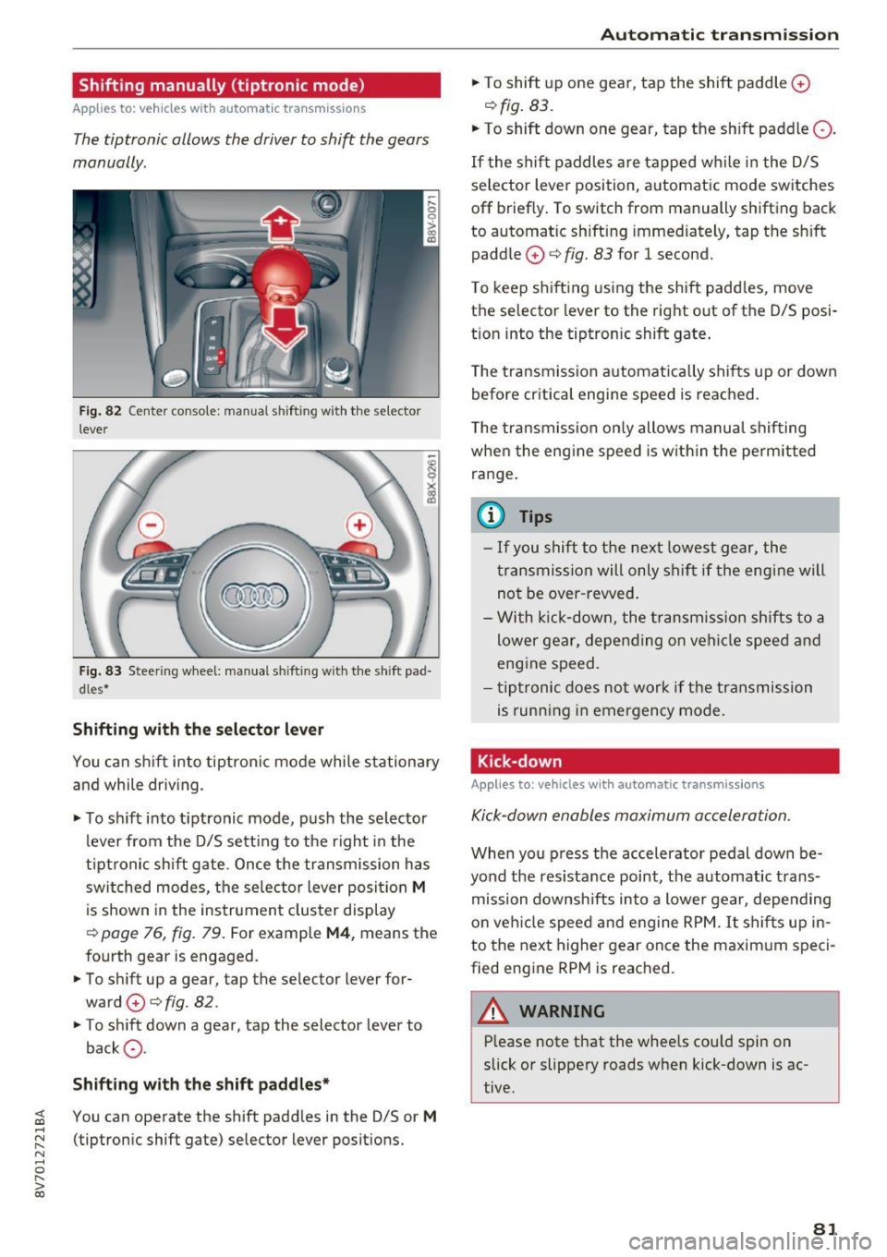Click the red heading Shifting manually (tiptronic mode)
(x=222, y=86)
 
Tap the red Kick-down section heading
(x=519, y=761)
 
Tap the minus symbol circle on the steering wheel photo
(x=152, y=526)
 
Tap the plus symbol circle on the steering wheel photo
(x=358, y=526)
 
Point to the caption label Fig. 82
(x=100, y=411)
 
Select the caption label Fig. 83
(x=100, y=671)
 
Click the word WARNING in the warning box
(x=562, y=1011)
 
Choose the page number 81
(x=825, y=1227)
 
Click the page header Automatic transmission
(x=719, y=35)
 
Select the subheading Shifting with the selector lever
(x=198, y=730)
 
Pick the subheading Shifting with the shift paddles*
(x=201, y=1084)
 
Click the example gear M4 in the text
(x=338, y=933)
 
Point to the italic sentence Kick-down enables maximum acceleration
(x=631, y=816)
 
